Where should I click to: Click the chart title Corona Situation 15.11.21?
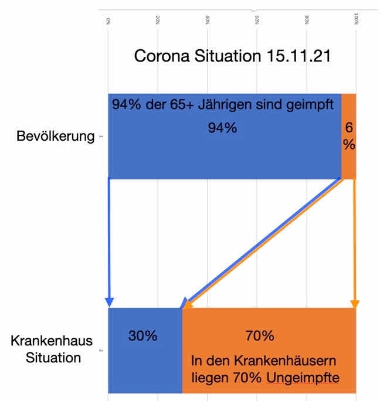(x=233, y=57)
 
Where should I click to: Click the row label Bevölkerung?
(x=56, y=137)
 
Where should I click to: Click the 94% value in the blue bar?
(x=222, y=128)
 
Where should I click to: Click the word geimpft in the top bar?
(x=313, y=106)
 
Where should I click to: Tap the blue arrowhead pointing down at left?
(x=109, y=302)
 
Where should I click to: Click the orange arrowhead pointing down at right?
(x=354, y=303)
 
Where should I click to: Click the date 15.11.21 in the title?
(x=298, y=57)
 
